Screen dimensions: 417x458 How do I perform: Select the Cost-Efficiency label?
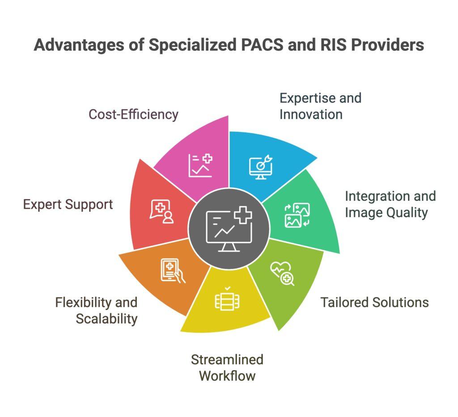coord(133,114)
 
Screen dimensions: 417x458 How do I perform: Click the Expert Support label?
coord(68,205)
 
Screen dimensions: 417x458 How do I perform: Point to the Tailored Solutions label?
coord(374,302)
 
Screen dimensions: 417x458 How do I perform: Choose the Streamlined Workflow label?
coord(227,367)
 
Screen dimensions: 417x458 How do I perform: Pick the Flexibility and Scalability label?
coord(96,311)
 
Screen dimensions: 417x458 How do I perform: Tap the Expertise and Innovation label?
coord(320,106)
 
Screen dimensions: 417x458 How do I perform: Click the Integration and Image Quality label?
coord(390,204)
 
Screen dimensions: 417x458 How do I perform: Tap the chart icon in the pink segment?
coord(200,165)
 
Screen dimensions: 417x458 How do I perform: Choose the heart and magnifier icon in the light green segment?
coord(282,274)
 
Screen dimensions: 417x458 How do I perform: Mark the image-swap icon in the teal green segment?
coord(297,215)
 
